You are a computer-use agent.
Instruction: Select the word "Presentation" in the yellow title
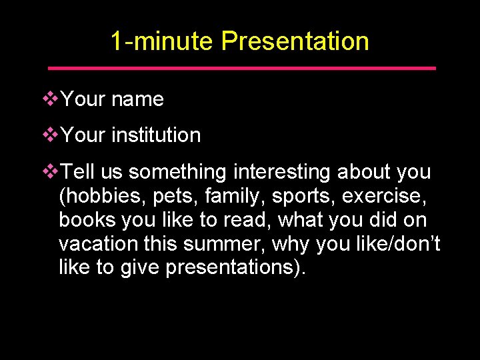click(x=295, y=41)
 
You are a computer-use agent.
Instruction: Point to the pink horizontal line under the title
click(x=242, y=68)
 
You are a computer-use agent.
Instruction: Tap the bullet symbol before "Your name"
click(x=51, y=99)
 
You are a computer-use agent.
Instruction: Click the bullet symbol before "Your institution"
click(x=51, y=135)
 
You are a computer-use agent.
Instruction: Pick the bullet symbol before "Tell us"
click(x=51, y=172)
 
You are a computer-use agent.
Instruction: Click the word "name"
click(x=137, y=99)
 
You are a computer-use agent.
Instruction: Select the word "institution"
click(x=156, y=135)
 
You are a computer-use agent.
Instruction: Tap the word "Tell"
click(x=79, y=172)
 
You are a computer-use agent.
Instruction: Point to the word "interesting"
click(x=282, y=172)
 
